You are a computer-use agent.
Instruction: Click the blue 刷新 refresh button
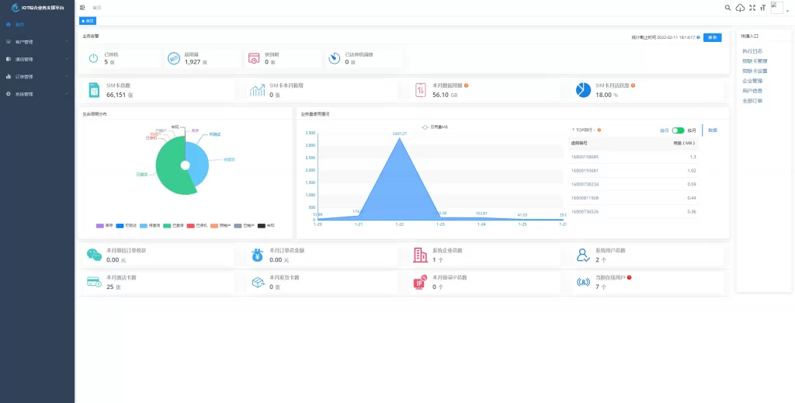[x=712, y=37]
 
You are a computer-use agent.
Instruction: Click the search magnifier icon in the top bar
[x=727, y=8]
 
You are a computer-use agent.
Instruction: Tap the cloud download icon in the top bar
[x=740, y=8]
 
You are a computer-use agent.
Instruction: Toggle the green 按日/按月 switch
[x=678, y=130]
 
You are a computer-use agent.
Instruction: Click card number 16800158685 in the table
[x=585, y=157]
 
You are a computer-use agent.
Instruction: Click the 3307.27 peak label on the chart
[x=400, y=134]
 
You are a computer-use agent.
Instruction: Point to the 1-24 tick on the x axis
[x=481, y=224]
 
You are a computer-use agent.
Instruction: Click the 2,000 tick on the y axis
[x=311, y=170]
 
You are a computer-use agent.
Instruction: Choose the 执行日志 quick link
[x=753, y=50]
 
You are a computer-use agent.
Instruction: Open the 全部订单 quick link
[x=752, y=101]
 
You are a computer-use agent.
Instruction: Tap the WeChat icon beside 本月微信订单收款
[x=94, y=255]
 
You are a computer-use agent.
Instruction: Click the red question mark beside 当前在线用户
[x=629, y=277]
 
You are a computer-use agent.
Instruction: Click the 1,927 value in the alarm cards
[x=193, y=61]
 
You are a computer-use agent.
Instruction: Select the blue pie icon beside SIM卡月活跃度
[x=583, y=90]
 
